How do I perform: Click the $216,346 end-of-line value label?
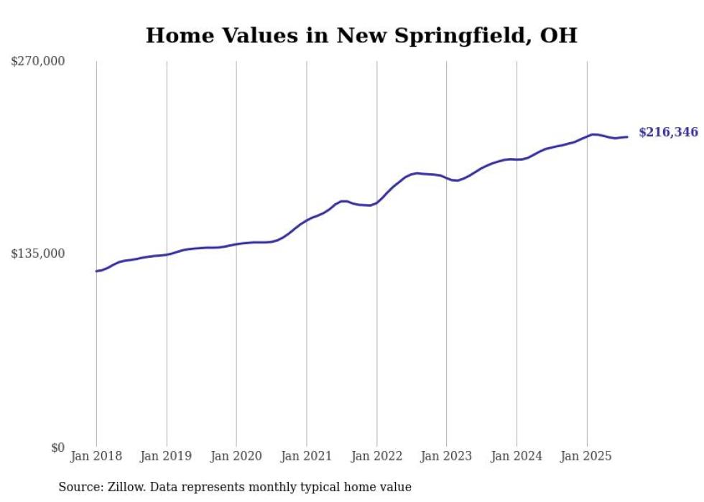click(667, 132)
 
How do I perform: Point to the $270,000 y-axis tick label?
click(38, 61)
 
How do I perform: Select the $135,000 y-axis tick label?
click(38, 254)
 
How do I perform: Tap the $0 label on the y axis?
click(57, 447)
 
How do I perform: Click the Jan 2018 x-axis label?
click(96, 456)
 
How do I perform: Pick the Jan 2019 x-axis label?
click(167, 456)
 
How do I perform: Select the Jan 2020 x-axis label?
click(236, 456)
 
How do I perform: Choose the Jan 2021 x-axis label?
click(307, 456)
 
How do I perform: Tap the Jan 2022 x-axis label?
click(376, 456)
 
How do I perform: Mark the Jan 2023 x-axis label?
click(446, 456)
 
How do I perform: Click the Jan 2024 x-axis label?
click(517, 456)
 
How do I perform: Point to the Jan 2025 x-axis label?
click(586, 456)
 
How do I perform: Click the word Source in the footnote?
click(79, 487)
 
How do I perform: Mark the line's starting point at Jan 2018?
click(96, 271)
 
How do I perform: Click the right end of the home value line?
click(627, 136)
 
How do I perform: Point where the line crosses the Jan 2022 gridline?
click(376, 203)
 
